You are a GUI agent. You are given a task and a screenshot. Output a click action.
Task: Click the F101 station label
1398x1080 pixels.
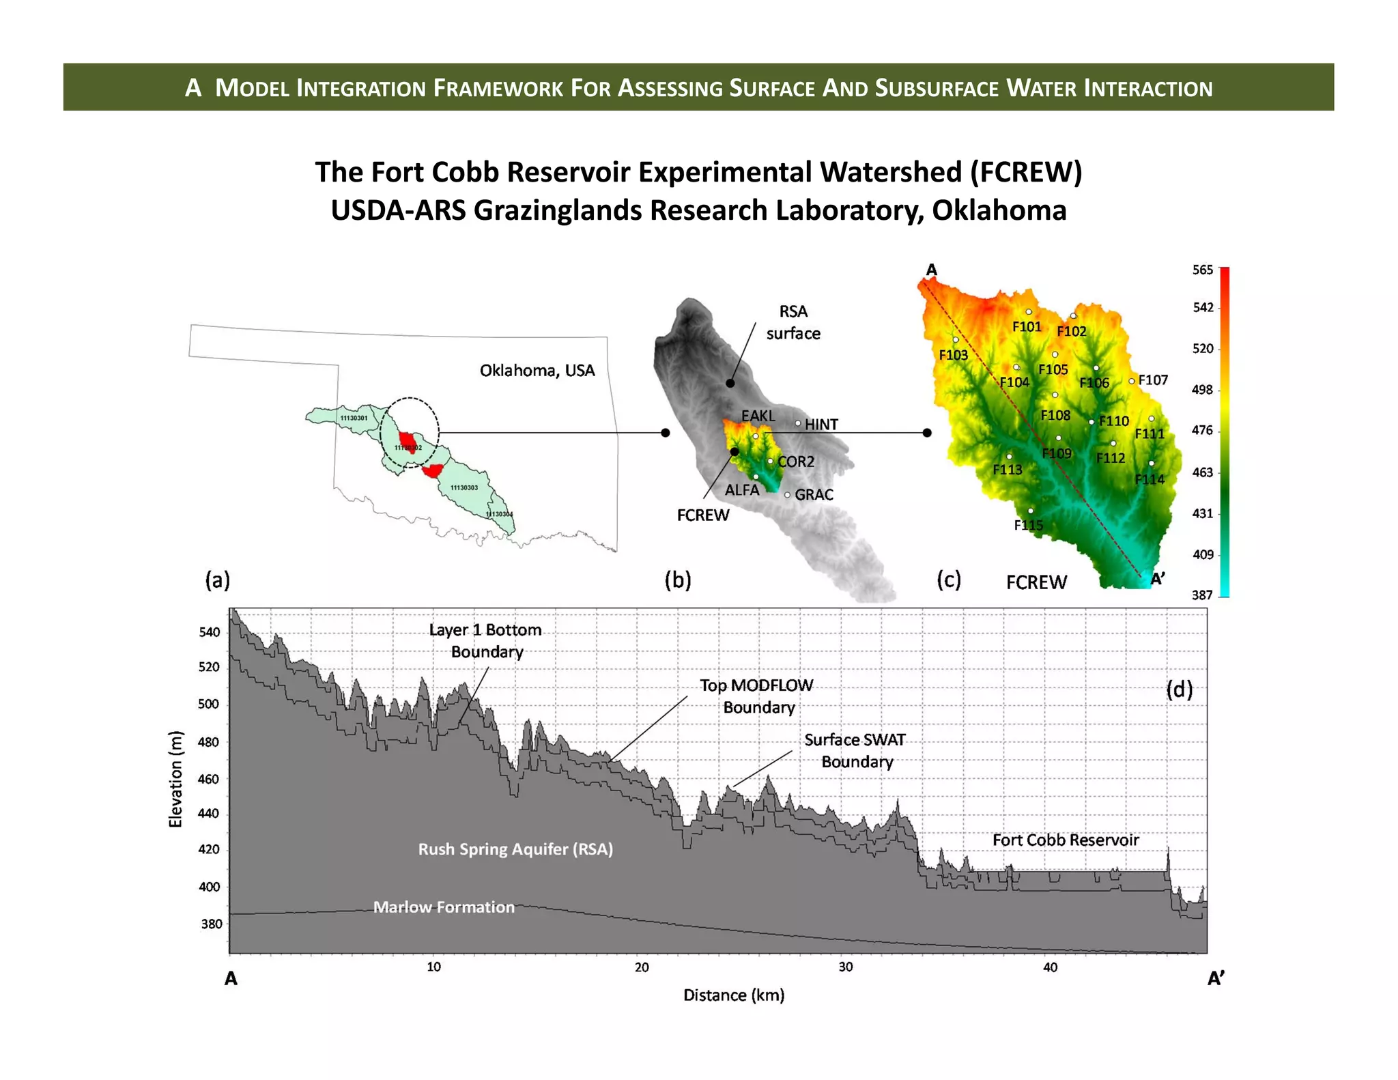click(x=1026, y=327)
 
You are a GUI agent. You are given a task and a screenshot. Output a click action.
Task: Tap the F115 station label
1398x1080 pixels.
click(x=1028, y=525)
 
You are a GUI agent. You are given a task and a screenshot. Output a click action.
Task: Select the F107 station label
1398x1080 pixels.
click(x=1153, y=380)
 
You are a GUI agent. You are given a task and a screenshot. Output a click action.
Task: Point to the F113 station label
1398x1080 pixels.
click(x=1007, y=470)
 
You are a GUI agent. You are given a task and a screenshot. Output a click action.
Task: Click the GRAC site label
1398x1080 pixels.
click(x=814, y=494)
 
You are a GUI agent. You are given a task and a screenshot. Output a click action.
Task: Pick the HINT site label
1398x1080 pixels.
click(x=821, y=425)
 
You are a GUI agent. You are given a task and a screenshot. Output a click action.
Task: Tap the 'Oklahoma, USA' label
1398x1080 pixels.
click(x=537, y=371)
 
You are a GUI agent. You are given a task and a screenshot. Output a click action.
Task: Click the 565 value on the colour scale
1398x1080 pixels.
click(x=1202, y=270)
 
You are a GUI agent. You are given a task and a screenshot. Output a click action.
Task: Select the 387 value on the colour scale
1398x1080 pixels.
click(x=1202, y=595)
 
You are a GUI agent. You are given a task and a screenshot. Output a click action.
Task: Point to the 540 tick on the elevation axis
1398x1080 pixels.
click(x=210, y=632)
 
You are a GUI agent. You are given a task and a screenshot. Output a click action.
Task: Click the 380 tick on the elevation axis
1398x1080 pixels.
click(x=211, y=924)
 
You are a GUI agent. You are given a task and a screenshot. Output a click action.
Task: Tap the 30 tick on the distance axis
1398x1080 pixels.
click(x=845, y=967)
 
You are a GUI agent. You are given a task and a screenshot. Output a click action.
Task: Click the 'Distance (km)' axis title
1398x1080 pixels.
click(x=734, y=995)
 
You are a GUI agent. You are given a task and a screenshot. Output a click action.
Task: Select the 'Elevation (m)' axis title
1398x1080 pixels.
click(x=176, y=779)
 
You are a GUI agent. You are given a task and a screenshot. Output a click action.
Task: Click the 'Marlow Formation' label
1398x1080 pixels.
click(x=444, y=907)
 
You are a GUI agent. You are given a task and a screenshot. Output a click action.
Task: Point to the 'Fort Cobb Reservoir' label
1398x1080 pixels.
click(x=1065, y=840)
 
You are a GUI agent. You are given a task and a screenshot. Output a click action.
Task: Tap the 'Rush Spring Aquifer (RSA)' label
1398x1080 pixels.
click(x=515, y=849)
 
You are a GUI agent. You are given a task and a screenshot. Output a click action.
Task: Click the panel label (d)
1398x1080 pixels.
click(x=1179, y=690)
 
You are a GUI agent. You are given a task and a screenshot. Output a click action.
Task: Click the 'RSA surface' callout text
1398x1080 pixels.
click(x=793, y=322)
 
